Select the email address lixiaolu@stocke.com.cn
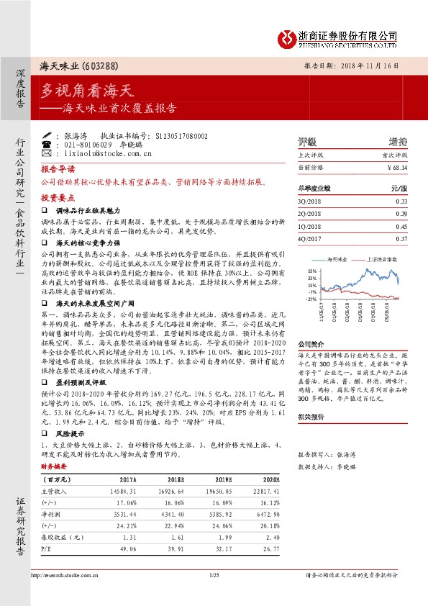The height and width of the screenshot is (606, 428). [108, 153]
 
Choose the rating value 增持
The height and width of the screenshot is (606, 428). [398, 142]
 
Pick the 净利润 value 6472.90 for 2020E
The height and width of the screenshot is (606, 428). [266, 515]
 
